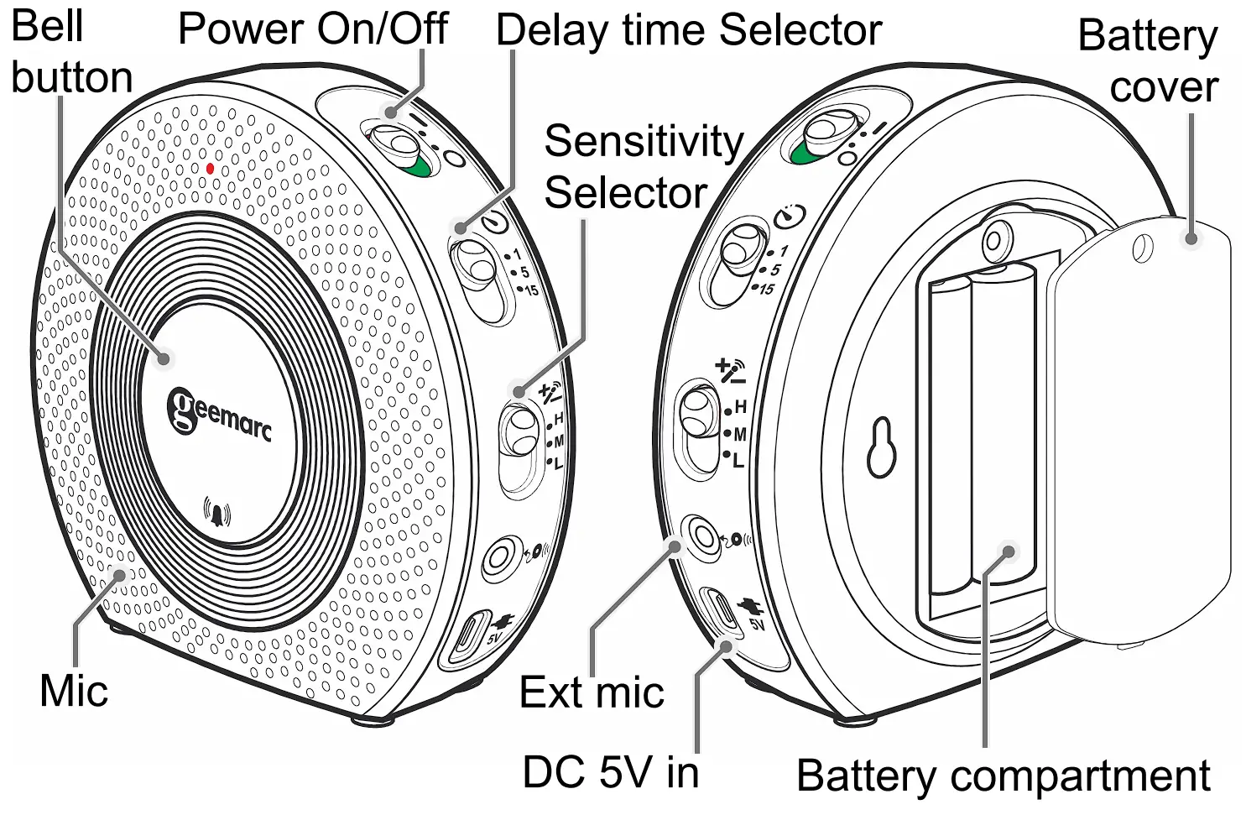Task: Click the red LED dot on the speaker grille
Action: [210, 169]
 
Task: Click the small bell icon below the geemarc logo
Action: [217, 513]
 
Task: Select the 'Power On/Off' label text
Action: [313, 29]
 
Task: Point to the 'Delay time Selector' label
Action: [688, 30]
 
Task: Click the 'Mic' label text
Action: [74, 692]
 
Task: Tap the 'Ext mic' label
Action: [592, 693]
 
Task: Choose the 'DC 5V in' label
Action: [611, 772]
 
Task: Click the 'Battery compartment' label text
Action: [1003, 776]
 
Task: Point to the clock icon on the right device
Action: [789, 216]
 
